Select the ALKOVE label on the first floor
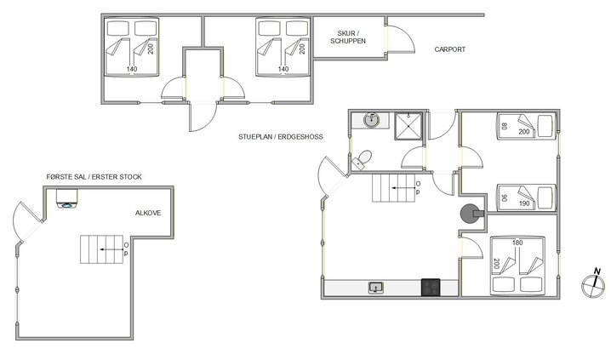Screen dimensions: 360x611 pos(149,214)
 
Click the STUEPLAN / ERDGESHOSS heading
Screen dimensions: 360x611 pos(281,136)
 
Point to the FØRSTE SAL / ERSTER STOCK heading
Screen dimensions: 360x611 pos(94,177)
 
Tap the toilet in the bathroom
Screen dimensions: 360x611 pos(363,157)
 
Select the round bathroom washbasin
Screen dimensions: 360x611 pos(371,120)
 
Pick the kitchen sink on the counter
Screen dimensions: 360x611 pos(375,289)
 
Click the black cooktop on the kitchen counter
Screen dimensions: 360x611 pos(431,288)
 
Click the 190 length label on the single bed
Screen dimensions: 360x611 pos(523,204)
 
